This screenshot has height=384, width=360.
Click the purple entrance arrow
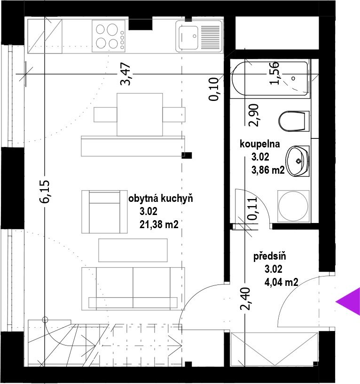click(350, 302)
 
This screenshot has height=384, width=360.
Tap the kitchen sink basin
click(188, 38)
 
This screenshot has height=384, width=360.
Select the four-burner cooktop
click(109, 36)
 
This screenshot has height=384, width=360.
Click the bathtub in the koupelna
click(270, 78)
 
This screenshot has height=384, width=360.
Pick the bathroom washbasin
click(297, 161)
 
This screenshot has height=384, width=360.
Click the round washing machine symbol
click(293, 206)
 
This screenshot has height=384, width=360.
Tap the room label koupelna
click(260, 144)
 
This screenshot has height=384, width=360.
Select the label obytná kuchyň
click(161, 199)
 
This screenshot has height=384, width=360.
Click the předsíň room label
click(269, 256)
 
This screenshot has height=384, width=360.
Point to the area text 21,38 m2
click(159, 224)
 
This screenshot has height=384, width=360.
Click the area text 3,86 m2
click(268, 170)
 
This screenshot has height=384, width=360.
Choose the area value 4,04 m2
click(282, 282)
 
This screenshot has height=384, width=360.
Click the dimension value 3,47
click(125, 74)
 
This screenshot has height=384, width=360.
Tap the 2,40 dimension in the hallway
click(245, 299)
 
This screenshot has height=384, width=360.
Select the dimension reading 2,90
click(254, 115)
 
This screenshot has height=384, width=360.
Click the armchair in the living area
click(104, 212)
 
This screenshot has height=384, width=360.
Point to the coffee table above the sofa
click(133, 250)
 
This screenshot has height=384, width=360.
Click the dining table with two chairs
click(140, 115)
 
